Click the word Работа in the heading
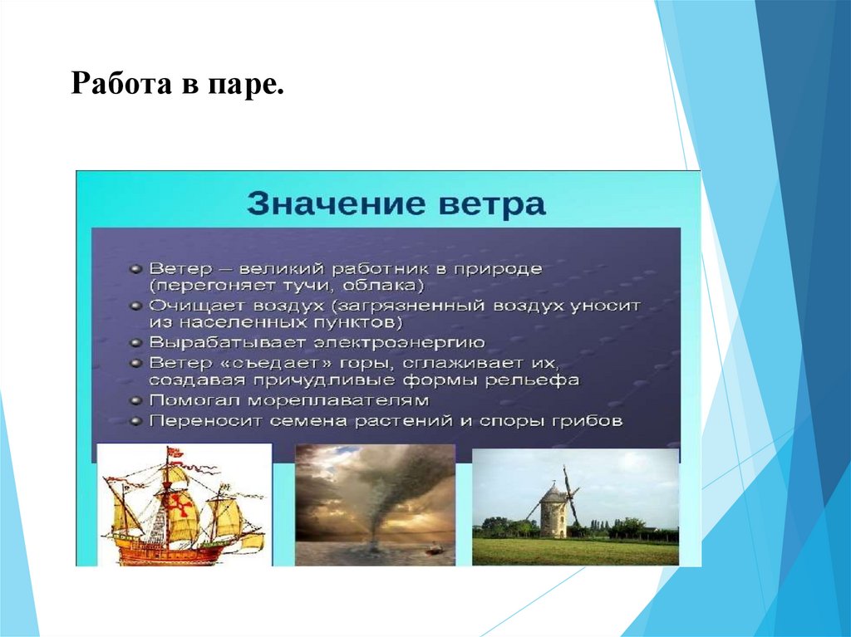(x=120, y=84)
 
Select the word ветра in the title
(x=490, y=204)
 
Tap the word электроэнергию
(x=400, y=343)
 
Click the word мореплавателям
(x=338, y=401)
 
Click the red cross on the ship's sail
(x=180, y=506)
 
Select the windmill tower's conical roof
(x=553, y=492)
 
